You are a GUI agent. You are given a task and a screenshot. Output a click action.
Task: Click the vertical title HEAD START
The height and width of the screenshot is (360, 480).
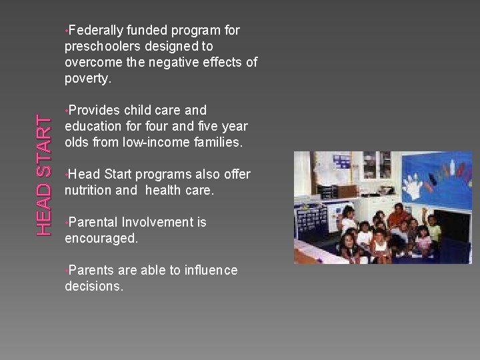[44, 175]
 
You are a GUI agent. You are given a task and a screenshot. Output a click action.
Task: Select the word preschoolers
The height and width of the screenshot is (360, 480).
[99, 47]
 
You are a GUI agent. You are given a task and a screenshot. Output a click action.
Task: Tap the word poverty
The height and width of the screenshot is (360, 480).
[87, 79]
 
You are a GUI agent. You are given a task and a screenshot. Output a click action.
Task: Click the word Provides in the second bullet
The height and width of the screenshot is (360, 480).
[93, 111]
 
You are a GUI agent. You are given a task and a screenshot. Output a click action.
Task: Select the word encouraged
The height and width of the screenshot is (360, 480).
[101, 239]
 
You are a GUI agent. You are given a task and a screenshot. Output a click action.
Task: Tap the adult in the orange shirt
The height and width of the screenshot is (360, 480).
[399, 217]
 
